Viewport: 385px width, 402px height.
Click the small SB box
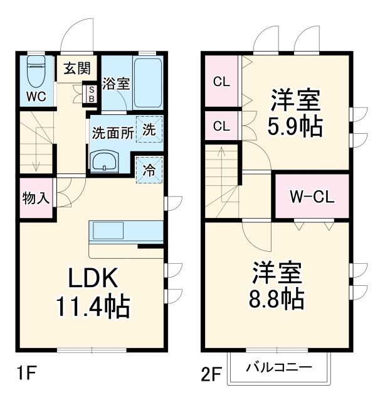click(x=90, y=94)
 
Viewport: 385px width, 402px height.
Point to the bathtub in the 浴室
click(x=148, y=83)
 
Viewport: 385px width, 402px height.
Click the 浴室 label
click(x=117, y=84)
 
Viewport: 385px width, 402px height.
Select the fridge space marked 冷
click(x=149, y=169)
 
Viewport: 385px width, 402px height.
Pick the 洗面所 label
click(x=112, y=133)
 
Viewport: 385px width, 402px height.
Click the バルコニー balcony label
click(x=278, y=367)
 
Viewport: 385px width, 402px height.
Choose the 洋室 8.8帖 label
click(x=278, y=286)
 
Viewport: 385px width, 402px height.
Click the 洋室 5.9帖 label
click(x=295, y=114)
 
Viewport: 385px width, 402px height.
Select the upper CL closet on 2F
click(x=220, y=81)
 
